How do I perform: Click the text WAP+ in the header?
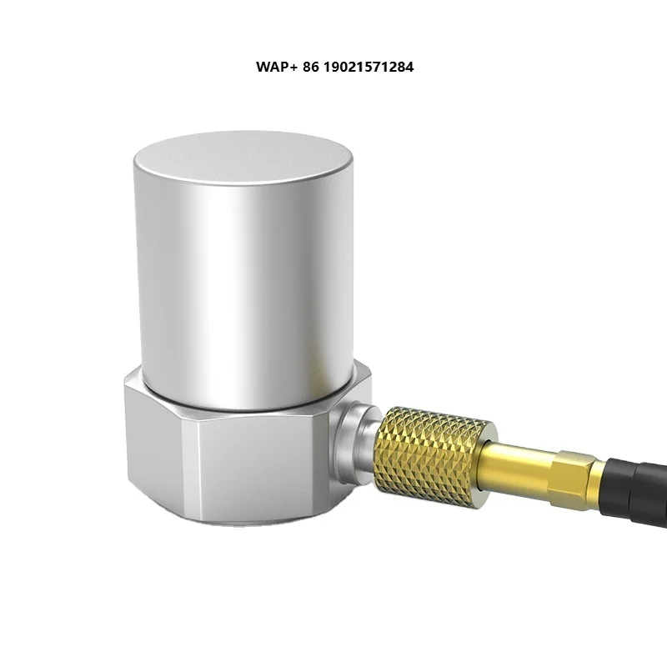274,67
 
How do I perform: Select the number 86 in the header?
308,67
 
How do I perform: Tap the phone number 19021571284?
367,67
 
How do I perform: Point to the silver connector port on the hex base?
354,438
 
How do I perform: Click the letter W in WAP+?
263,67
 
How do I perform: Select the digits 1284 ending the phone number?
399,67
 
